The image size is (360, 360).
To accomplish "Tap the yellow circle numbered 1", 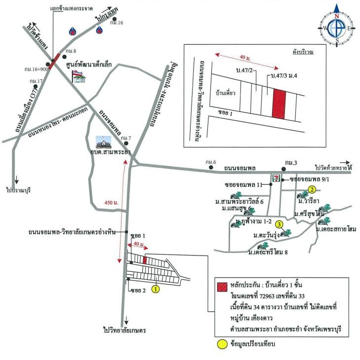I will tap(155, 289).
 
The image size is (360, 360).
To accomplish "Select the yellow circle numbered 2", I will tap(312, 189).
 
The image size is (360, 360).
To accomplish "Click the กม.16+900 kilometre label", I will tap(37, 70).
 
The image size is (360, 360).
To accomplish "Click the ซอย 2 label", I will tap(139, 290).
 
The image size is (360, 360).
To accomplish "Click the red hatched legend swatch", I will tap(221, 285).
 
